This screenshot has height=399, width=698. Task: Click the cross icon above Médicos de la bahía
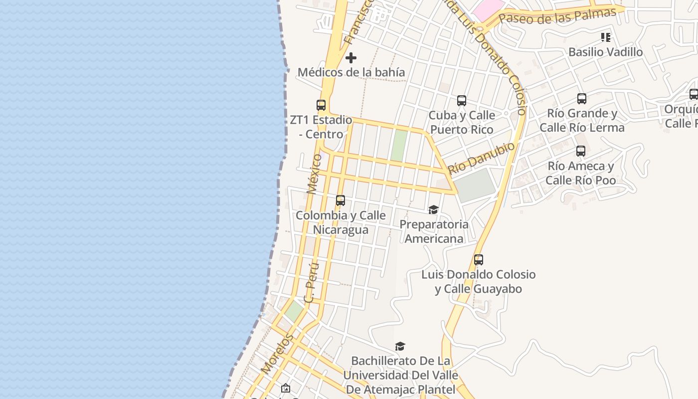coord(351,58)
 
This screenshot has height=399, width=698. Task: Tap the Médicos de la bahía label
coord(351,72)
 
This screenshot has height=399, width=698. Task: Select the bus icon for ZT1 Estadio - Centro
coord(321,105)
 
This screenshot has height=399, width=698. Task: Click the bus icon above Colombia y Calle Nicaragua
coord(341,200)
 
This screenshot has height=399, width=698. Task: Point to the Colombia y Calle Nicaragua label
coord(341,222)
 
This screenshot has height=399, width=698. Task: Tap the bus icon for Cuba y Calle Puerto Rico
coord(462,101)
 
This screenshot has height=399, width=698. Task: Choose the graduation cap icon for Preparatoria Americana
coord(433,210)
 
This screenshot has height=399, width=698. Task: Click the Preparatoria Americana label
coord(434,231)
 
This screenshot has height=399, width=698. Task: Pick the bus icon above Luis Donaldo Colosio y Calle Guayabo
coord(479,260)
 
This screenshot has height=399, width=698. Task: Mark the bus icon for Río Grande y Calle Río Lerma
coord(582,99)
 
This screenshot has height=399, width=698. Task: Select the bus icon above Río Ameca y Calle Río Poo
coord(581,151)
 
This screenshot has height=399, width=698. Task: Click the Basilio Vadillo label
coord(605,52)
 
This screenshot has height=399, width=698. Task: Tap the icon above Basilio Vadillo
coord(606,37)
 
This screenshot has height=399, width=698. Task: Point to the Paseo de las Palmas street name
coord(557,15)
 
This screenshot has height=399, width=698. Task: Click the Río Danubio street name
coord(481,158)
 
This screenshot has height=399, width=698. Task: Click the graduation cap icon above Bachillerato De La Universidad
coord(400,346)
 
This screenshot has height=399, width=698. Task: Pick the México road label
coord(315,174)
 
